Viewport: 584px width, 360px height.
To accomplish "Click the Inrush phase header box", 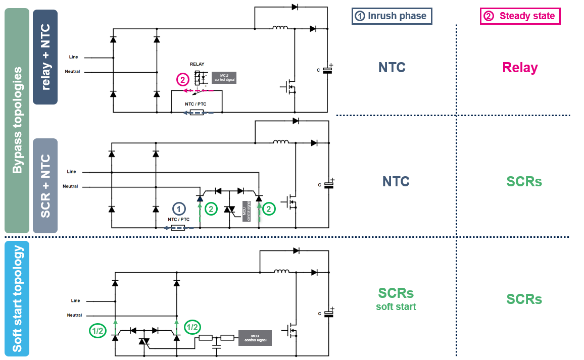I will [392, 16].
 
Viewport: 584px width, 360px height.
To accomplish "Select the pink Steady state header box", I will [520, 16].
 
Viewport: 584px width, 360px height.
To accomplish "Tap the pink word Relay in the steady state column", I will [520, 68].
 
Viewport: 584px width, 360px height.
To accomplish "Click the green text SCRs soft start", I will [396, 298].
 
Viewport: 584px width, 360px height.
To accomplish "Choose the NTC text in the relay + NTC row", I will [392, 68].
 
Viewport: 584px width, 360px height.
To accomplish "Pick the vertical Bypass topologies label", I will [17, 120].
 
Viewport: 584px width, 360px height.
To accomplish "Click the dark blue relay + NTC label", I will [45, 57].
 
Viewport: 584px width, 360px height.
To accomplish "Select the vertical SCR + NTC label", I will [45, 186].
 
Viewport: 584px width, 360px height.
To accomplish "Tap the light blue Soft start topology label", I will [17, 298].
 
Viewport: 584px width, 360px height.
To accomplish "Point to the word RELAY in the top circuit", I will [197, 64].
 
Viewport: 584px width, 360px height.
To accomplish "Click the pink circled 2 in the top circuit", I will [182, 79].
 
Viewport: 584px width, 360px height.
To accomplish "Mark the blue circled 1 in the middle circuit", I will [178, 208].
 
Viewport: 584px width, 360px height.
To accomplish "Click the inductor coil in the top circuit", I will [280, 28].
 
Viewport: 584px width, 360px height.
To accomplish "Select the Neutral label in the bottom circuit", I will [74, 315].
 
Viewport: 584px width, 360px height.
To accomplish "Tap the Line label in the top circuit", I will [73, 57].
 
